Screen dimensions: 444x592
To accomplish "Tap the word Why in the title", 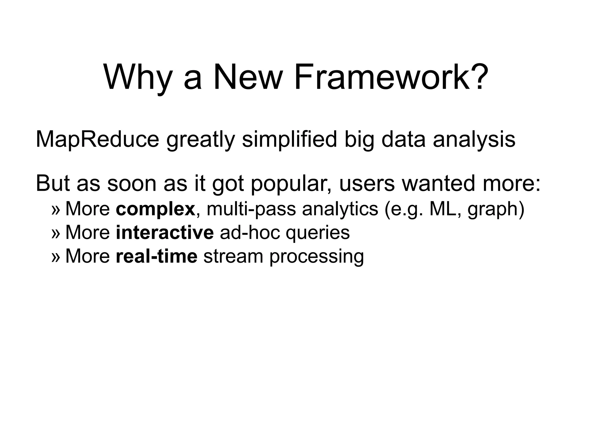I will click(138, 77).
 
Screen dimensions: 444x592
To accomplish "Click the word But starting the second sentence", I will click(53, 183).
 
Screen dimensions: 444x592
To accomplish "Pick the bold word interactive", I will click(164, 232).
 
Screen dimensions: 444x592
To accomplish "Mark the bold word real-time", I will click(156, 256).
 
